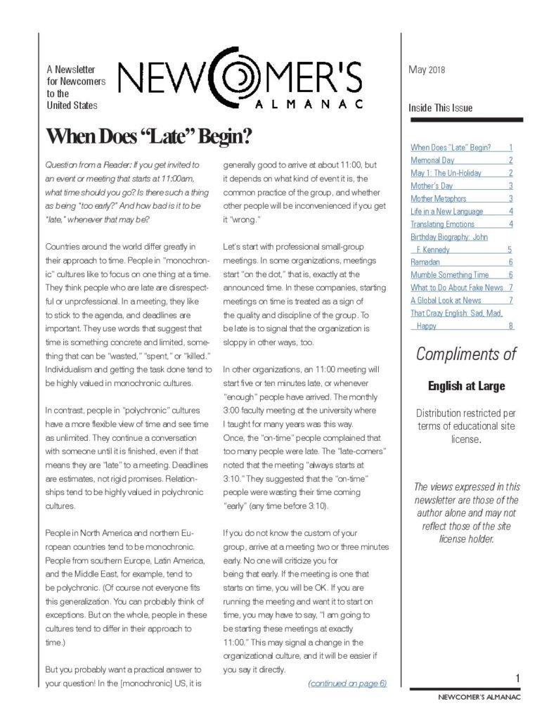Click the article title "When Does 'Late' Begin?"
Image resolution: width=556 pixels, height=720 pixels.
(148, 136)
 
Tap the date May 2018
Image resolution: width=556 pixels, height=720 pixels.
(427, 70)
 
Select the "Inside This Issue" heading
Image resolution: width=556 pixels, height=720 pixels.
(441, 108)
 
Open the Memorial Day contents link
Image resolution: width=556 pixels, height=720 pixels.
(432, 160)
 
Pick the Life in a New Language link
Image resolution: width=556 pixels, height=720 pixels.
(446, 211)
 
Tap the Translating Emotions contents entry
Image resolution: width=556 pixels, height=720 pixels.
(442, 224)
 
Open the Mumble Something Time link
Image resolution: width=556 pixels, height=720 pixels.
(449, 274)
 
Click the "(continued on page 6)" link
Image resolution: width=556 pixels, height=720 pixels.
(347, 683)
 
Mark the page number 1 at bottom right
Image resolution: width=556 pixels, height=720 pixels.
(517, 678)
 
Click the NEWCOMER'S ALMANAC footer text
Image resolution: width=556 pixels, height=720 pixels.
(475, 701)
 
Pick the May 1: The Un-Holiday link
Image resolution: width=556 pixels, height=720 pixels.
(442, 173)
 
